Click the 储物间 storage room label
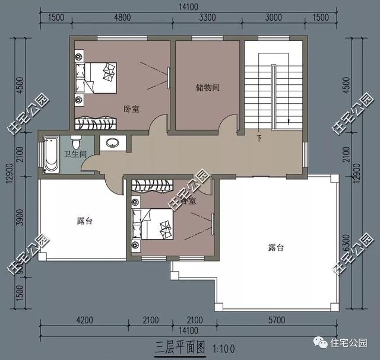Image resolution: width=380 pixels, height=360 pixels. [x=208, y=88]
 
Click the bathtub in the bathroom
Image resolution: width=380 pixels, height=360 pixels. [x=52, y=154]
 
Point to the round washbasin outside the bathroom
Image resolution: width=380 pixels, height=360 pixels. [x=111, y=143]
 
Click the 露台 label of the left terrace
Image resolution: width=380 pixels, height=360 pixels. [x=84, y=221]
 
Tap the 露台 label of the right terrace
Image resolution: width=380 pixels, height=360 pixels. [x=275, y=247]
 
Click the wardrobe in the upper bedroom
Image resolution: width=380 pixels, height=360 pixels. [x=94, y=123]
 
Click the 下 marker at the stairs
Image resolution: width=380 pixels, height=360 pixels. [x=259, y=139]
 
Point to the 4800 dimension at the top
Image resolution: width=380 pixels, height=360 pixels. [x=122, y=18]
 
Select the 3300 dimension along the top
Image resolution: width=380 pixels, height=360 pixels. [x=206, y=18]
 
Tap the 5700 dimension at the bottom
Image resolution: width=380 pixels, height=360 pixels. [x=277, y=321]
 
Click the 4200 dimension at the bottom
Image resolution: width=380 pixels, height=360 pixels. [x=84, y=321]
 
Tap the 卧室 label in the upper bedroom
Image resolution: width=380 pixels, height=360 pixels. [x=131, y=109]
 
